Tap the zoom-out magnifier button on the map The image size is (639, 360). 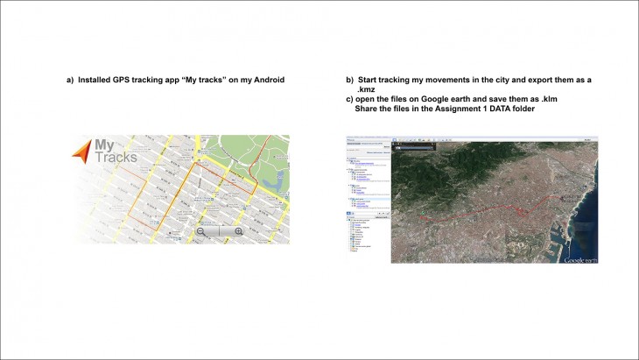(x=201, y=231)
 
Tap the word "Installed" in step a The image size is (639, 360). (x=95, y=81)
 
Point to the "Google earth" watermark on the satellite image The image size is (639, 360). (x=581, y=259)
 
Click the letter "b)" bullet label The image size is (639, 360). (x=350, y=80)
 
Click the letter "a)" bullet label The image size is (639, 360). (x=70, y=81)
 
